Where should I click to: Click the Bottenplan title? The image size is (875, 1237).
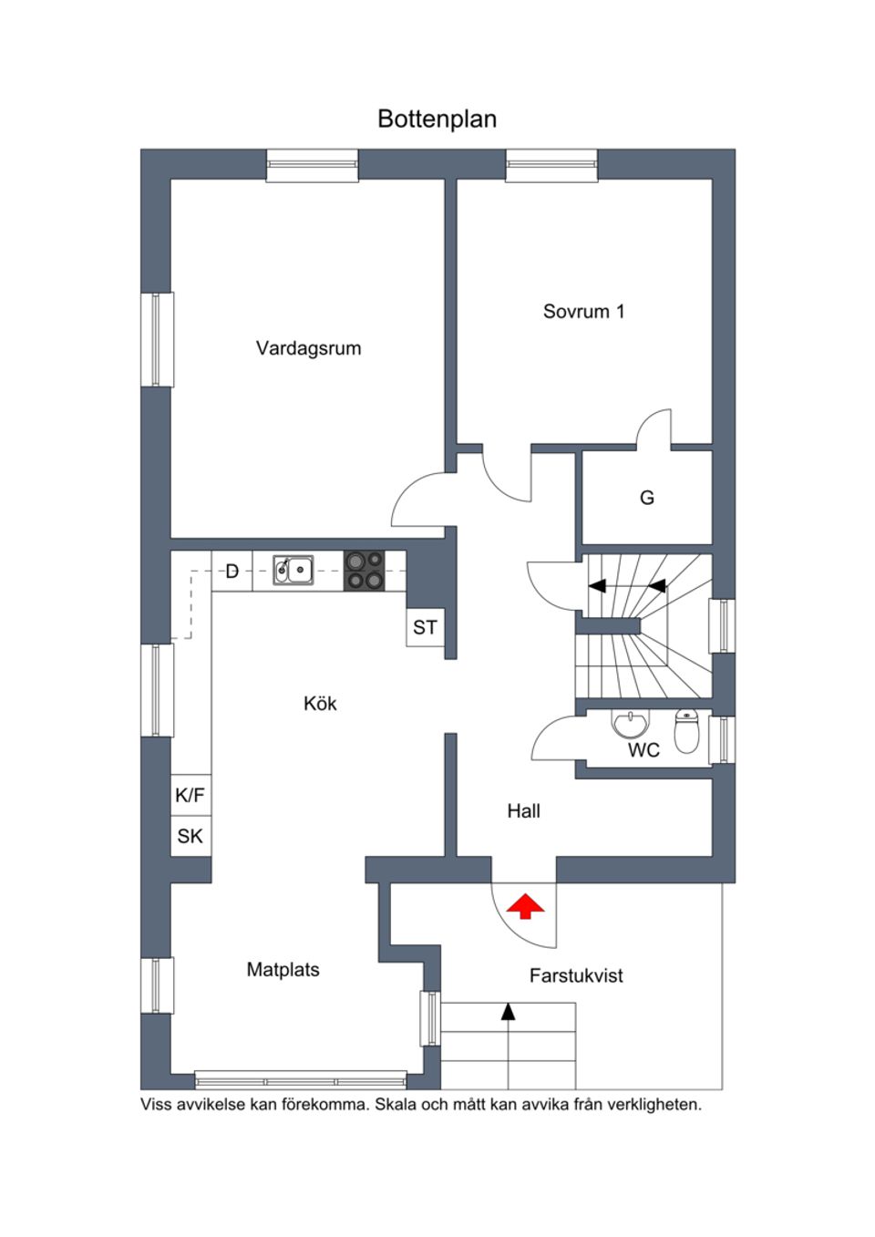pos(437,119)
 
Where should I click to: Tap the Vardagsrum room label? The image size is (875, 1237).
pos(309,348)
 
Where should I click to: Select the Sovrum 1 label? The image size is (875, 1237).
pos(583,312)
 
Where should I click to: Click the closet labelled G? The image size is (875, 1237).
pos(647,498)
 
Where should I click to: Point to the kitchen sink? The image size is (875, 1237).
pos(293,570)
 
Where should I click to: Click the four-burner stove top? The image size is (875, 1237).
pos(365,571)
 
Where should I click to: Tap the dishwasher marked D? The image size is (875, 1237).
pos(232,571)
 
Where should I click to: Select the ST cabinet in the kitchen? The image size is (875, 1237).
pos(425,627)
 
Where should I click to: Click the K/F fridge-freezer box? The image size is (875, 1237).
pos(190,795)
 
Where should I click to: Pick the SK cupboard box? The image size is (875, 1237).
pos(190,836)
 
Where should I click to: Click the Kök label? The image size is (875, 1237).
pos(320,704)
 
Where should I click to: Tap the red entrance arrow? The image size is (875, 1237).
pos(525,906)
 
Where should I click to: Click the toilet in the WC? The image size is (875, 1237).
pos(686,731)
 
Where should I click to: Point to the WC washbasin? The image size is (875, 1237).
pos(631,724)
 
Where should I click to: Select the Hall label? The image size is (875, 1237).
pos(523,811)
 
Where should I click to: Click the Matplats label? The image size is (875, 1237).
pos(283,970)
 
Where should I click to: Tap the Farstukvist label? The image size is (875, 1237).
pos(576,975)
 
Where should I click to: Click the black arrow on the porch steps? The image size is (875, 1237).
pos(508,1011)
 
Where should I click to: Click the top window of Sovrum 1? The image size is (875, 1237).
pos(552,165)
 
